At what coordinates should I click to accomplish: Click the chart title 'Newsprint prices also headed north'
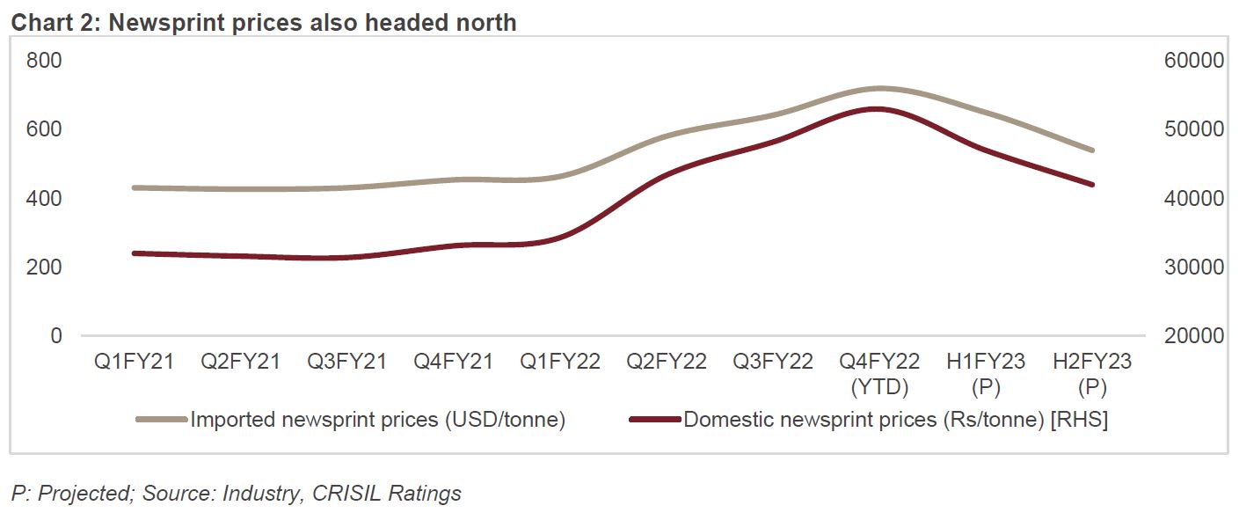coord(264,22)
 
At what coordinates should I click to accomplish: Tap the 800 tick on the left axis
coord(44,61)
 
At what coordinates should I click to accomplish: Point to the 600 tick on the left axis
coord(44,129)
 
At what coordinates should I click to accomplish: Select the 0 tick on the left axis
coord(56,336)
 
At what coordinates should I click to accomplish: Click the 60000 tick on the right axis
coord(1192,61)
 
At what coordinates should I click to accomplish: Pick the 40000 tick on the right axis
coord(1192,199)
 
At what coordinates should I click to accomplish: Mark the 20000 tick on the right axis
coord(1192,336)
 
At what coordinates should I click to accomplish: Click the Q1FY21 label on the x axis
coord(134,362)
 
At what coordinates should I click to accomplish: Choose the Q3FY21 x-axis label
coord(346,362)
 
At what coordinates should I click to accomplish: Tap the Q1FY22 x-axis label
coord(559,362)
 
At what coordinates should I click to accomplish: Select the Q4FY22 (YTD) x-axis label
coord(878,374)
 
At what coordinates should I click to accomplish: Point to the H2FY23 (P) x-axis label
coord(1091,374)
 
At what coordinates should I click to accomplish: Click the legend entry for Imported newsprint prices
coord(377,420)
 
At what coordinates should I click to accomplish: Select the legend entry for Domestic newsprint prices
coord(895,420)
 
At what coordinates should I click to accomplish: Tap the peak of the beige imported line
coord(878,88)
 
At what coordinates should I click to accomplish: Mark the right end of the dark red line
coord(1092,185)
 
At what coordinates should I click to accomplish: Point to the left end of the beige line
coord(134,187)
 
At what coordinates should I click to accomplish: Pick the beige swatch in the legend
coord(162,420)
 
